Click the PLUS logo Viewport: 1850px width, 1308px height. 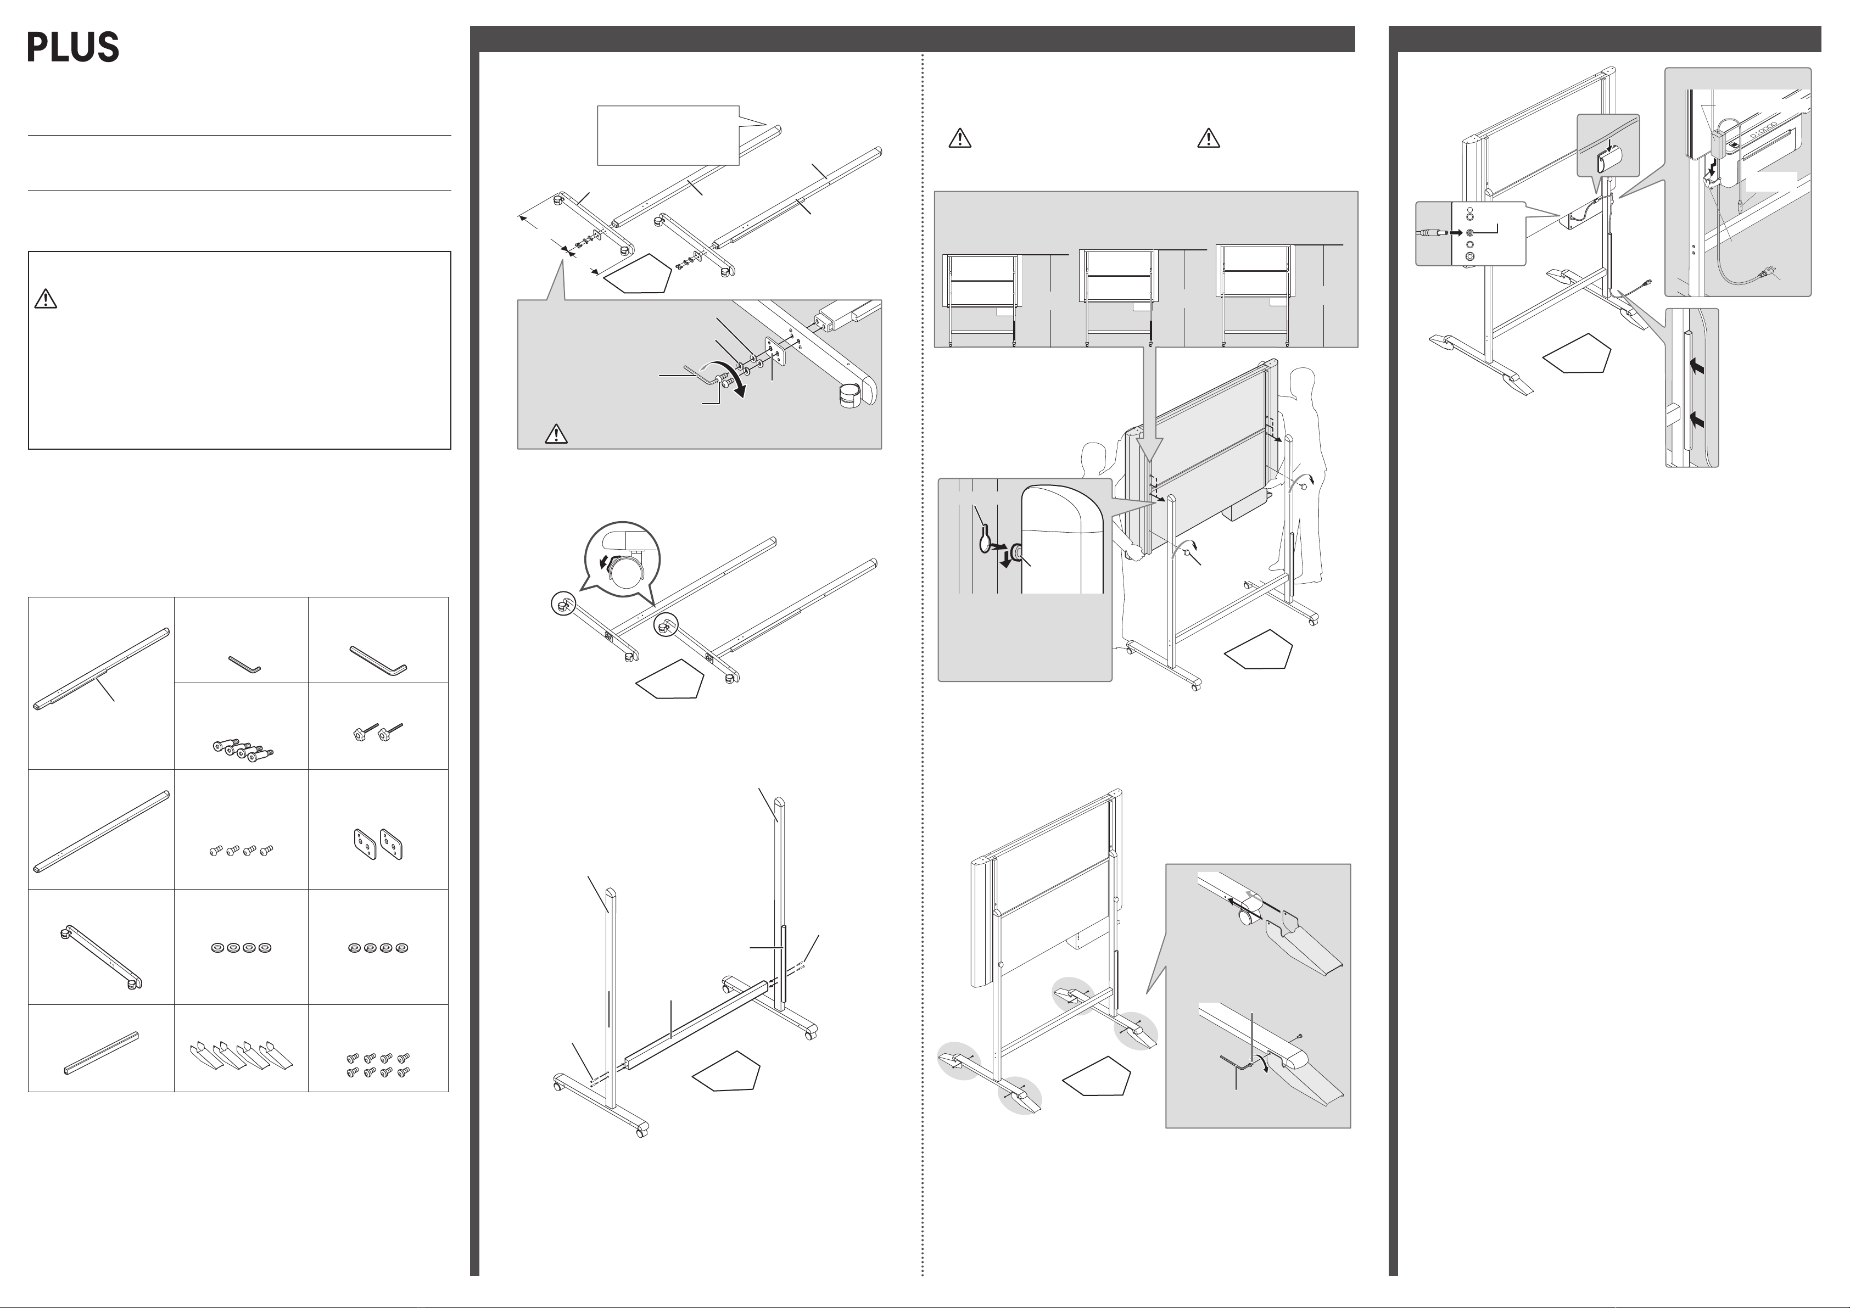tap(74, 48)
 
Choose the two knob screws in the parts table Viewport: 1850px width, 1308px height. tap(377, 733)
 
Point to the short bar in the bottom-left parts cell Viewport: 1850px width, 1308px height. tap(100, 1053)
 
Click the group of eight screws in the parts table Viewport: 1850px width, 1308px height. tap(378, 1065)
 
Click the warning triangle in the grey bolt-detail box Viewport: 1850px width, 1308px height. tap(556, 434)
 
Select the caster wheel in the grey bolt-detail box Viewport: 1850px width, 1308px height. tap(848, 398)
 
